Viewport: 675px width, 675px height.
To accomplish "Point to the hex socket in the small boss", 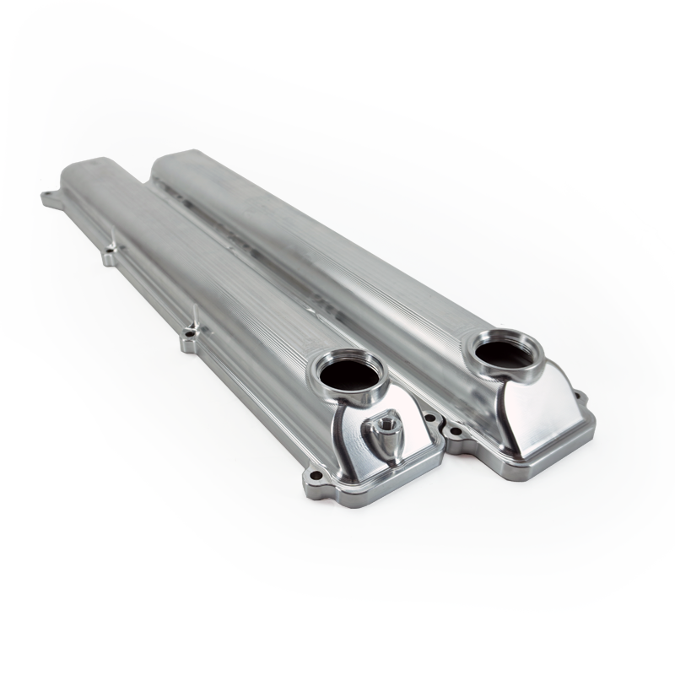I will click(391, 419).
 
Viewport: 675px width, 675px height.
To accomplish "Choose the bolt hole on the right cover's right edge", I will click(578, 394).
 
